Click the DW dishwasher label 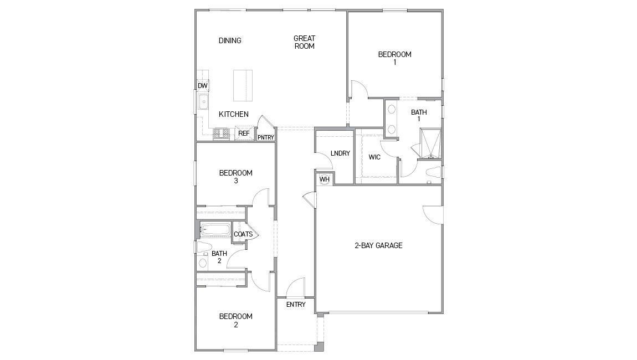click(203, 86)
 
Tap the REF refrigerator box click(244, 133)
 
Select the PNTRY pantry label click(265, 137)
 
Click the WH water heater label click(324, 179)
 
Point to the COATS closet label click(243, 234)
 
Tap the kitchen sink click(203, 102)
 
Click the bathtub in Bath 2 click(215, 229)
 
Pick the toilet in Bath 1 click(434, 172)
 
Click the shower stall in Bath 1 click(430, 143)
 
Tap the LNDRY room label click(340, 153)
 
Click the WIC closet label click(374, 157)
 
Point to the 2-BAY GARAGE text click(378, 245)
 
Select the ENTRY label click(296, 305)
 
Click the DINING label click(230, 40)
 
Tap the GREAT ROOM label click(304, 42)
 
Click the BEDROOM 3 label click(235, 177)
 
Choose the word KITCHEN click(233, 115)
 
